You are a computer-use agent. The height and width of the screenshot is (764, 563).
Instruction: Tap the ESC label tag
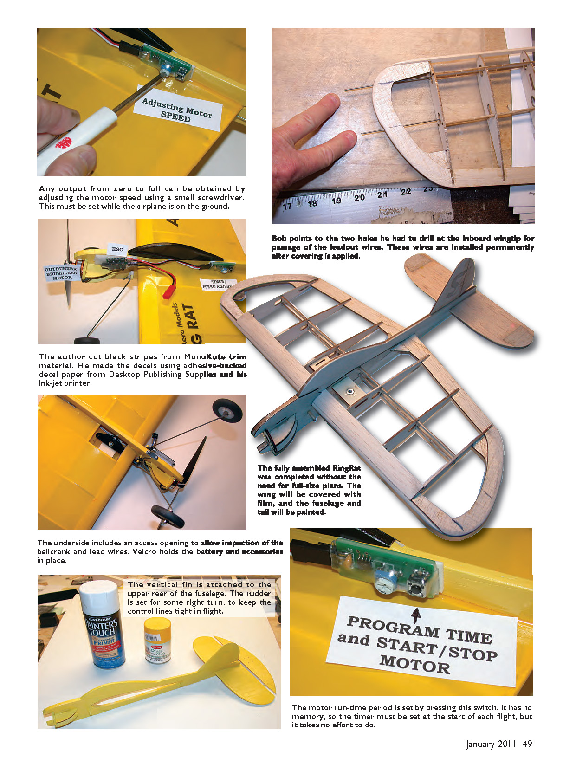[117, 249]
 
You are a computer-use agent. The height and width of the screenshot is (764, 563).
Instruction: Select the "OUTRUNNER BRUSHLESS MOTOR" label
[62, 273]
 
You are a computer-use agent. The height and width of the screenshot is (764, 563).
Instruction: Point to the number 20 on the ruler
[359, 197]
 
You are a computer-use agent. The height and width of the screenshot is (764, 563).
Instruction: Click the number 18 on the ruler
[312, 204]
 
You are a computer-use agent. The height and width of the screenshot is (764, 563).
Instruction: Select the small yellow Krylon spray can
[157, 641]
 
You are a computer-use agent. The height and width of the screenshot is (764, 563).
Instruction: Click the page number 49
[527, 744]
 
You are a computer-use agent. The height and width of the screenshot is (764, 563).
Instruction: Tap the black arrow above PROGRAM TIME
[416, 615]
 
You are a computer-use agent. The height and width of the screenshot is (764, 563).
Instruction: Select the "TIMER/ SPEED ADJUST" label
[218, 284]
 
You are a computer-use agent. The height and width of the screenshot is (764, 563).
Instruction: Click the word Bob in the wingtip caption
[279, 238]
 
